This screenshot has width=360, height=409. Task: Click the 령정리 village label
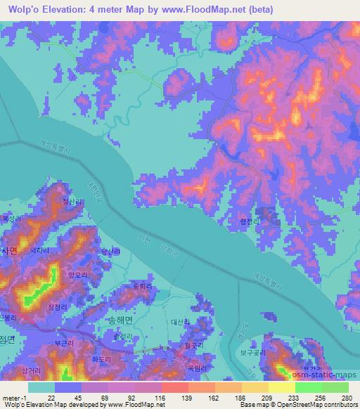251,220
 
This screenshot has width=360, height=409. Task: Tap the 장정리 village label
58,307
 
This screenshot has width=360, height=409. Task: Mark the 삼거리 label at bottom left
32,370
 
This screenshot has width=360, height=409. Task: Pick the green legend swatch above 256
308,387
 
